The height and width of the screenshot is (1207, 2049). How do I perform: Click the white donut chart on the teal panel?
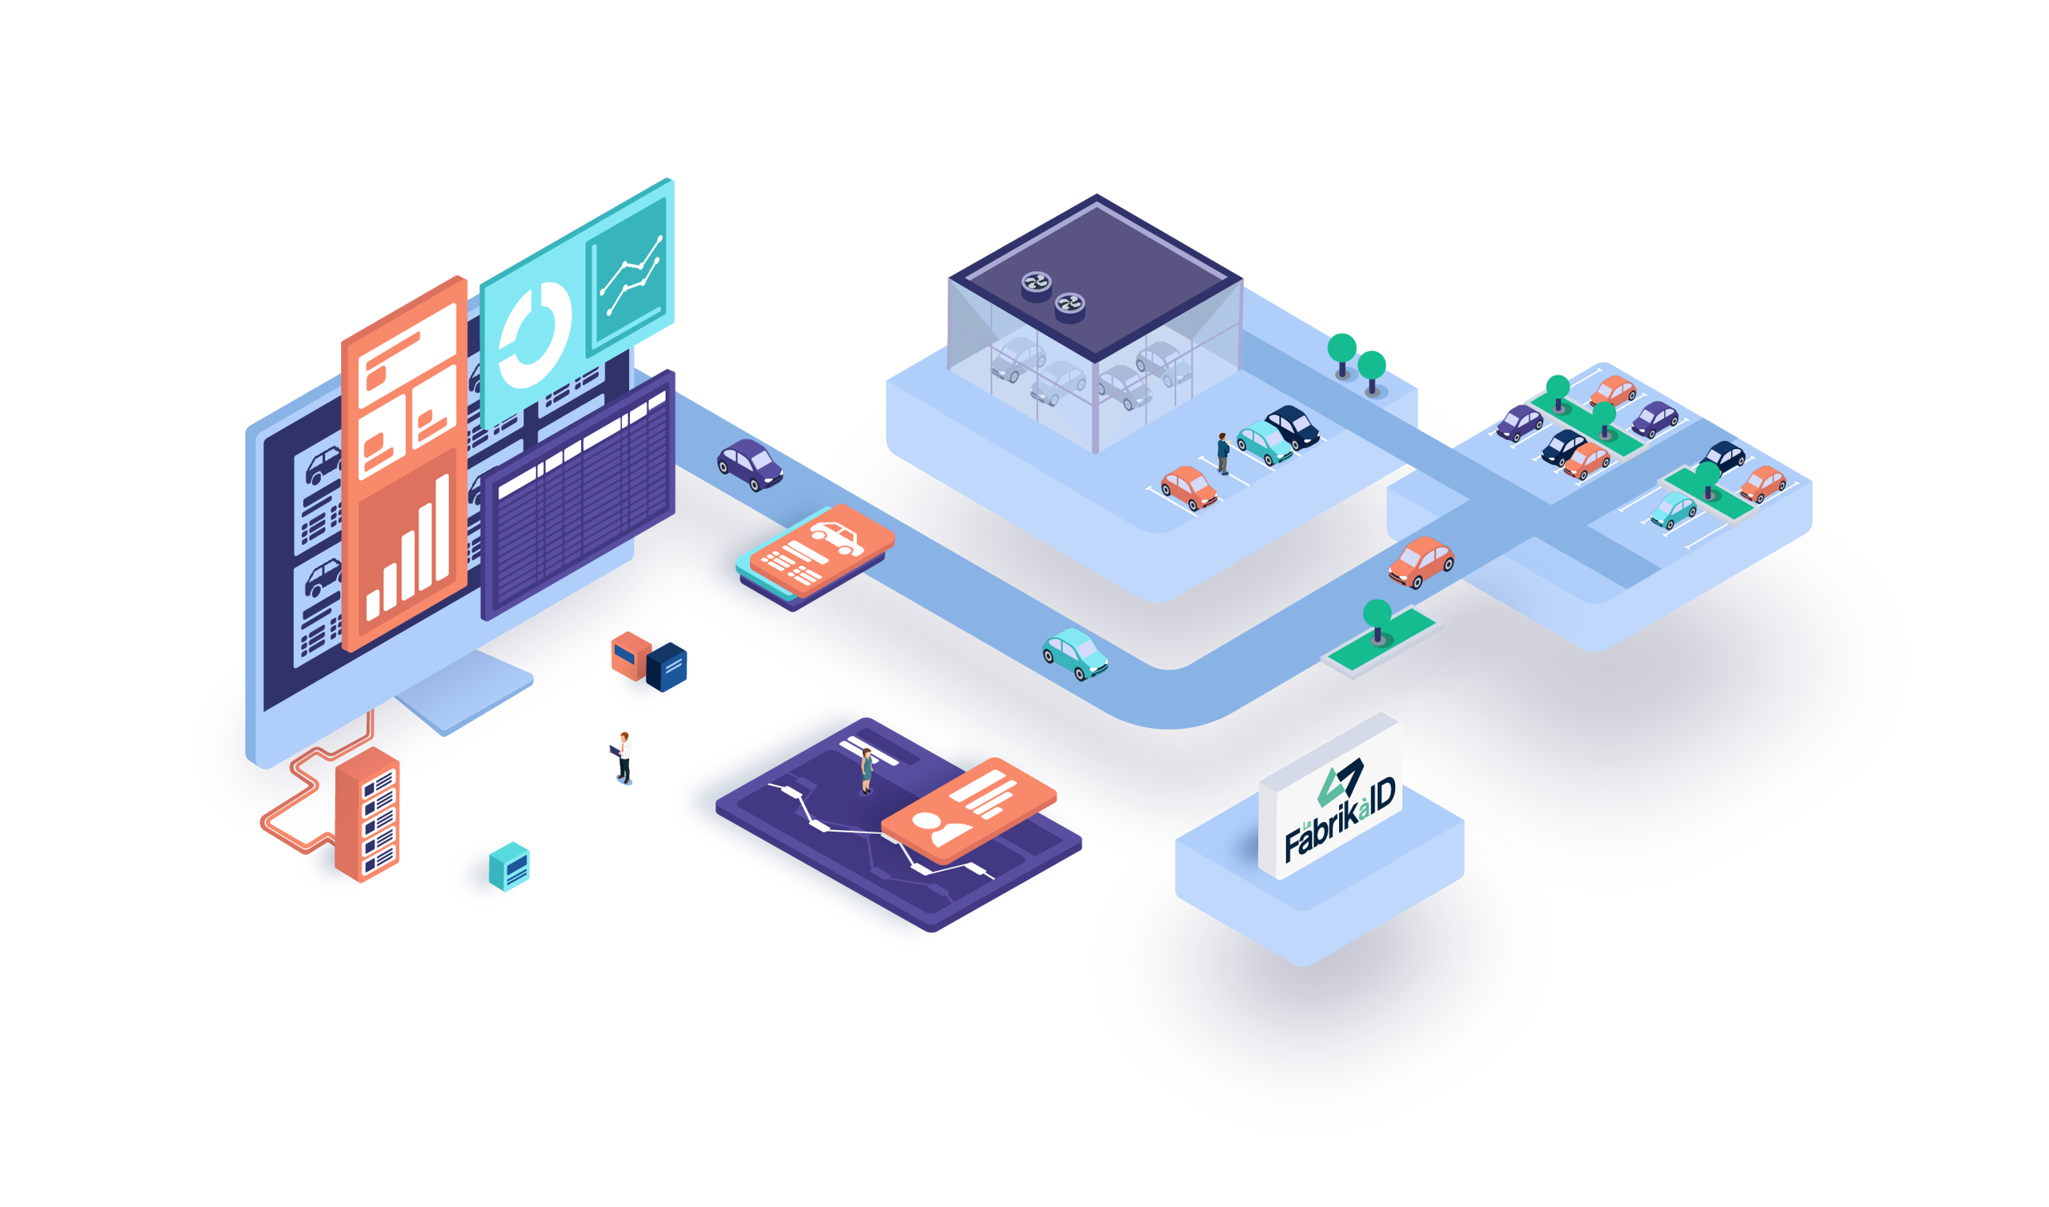click(534, 336)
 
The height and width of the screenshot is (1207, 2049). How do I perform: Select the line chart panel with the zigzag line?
click(627, 276)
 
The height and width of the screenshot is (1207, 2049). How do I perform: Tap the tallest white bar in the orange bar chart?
click(443, 529)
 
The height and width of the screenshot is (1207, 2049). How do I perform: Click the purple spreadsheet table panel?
click(578, 496)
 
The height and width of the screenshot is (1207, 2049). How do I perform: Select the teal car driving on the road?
click(1074, 653)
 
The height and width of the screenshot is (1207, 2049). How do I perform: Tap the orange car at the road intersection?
click(1421, 560)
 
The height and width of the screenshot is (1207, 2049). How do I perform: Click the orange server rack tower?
click(367, 814)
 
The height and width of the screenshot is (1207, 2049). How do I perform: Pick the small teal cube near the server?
click(510, 868)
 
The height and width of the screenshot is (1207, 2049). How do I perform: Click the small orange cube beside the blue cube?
click(630, 655)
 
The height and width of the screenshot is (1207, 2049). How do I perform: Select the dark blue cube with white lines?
click(670, 667)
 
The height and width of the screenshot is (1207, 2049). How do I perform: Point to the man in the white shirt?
click(624, 756)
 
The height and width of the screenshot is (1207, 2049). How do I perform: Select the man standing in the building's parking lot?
click(1223, 453)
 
